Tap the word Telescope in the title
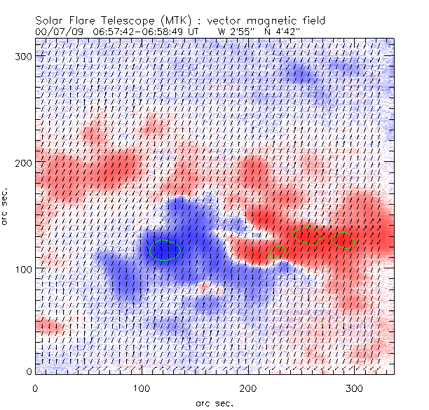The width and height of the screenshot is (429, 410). coord(120,21)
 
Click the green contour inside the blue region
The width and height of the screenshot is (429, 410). coord(165,250)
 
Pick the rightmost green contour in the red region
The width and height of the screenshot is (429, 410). coord(343,240)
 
